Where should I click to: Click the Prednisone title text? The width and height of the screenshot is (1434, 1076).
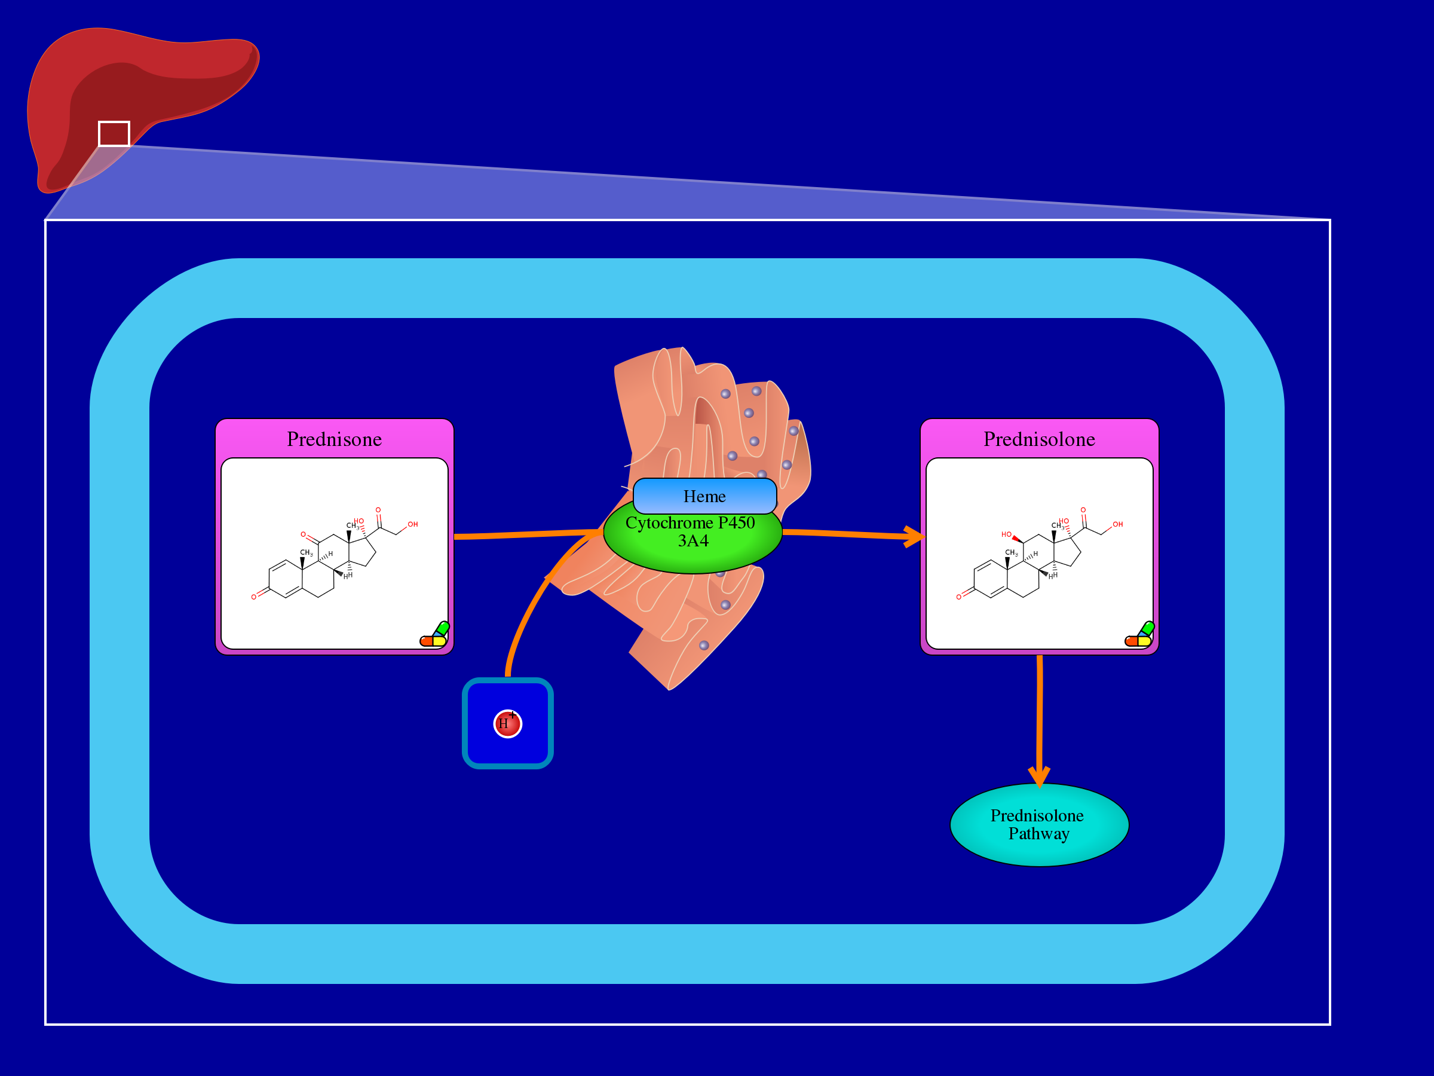click(x=334, y=439)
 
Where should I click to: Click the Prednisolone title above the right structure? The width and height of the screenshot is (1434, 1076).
click(x=1038, y=439)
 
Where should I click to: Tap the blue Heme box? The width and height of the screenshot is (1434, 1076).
click(x=704, y=496)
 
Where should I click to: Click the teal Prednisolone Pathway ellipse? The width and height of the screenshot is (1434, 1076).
click(x=1038, y=824)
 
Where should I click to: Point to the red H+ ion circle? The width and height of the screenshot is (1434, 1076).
click(x=508, y=723)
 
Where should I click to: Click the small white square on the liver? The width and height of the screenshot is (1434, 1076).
click(x=114, y=134)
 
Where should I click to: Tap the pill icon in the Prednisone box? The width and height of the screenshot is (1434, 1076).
click(x=434, y=635)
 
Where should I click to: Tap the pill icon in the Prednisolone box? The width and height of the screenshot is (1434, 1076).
click(x=1139, y=635)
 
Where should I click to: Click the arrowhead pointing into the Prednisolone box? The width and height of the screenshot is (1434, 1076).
click(x=915, y=536)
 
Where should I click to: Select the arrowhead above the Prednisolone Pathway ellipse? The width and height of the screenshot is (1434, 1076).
click(x=1038, y=776)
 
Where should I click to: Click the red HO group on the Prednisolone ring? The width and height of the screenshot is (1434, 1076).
click(x=1006, y=534)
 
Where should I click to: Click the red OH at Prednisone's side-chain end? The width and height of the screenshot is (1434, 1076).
click(x=412, y=524)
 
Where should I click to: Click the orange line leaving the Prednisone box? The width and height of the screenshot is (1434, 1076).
click(x=519, y=535)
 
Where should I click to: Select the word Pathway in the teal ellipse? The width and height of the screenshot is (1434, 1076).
click(x=1038, y=833)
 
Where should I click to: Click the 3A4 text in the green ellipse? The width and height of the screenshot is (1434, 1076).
click(x=693, y=541)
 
